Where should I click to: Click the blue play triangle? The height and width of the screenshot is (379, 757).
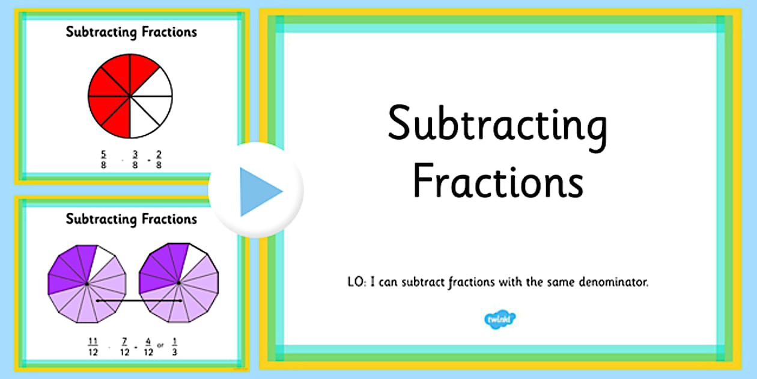(258, 191)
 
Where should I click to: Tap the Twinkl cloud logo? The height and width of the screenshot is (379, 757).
(500, 319)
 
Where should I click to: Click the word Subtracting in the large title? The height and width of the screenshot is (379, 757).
(498, 128)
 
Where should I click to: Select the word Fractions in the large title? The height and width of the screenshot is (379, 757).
(498, 180)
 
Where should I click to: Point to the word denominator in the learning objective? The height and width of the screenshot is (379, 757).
(613, 282)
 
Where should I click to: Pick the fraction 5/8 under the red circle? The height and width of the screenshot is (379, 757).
(103, 159)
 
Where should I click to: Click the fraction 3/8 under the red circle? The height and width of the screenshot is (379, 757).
(135, 159)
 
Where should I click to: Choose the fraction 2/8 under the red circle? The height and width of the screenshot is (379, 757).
(159, 159)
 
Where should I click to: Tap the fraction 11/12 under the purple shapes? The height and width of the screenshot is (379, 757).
(93, 347)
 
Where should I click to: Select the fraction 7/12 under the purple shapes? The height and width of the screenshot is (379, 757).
(125, 347)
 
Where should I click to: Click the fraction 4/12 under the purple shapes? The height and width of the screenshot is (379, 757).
(148, 347)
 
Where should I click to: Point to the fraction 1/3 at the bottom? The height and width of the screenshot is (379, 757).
(174, 347)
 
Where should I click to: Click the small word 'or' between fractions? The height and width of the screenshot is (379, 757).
(160, 345)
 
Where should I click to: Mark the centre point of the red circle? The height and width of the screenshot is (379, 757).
(130, 96)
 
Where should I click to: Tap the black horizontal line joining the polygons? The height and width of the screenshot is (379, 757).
(139, 301)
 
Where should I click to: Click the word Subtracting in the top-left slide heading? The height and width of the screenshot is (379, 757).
(101, 32)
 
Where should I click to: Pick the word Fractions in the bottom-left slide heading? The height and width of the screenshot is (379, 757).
(169, 219)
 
